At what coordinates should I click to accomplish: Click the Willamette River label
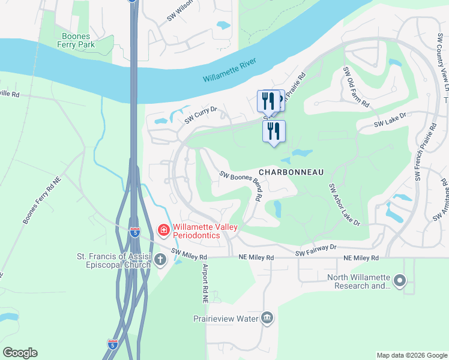[230, 71]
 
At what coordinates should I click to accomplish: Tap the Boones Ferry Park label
[77, 40]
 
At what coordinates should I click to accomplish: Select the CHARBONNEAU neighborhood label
[292, 172]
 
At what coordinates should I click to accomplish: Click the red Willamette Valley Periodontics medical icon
[163, 230]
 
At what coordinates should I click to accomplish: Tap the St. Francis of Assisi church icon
[160, 260]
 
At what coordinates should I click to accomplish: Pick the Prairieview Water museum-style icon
[267, 318]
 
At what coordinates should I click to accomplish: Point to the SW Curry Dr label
[200, 115]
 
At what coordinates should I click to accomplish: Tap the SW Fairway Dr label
[317, 254]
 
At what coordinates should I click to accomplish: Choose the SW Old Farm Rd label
[355, 88]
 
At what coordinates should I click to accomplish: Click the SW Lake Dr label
[390, 123]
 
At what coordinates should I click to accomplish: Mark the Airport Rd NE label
[205, 283]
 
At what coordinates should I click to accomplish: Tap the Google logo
[20, 353]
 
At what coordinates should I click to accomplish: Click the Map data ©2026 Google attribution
[411, 355]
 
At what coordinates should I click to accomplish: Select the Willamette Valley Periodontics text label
[197, 231]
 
